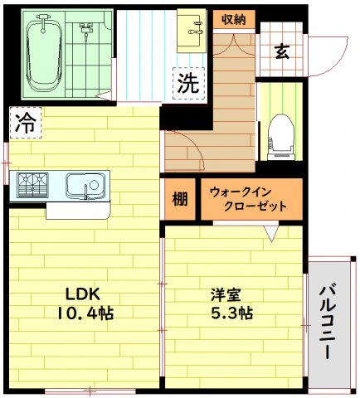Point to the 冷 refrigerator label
pyautogui.click(x=26, y=124)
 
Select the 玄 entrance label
pyautogui.click(x=281, y=51)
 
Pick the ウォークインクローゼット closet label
pyautogui.click(x=249, y=199)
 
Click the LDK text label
pyautogui.click(x=82, y=294)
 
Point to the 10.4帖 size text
pyautogui.click(x=85, y=313)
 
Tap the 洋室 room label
pyautogui.click(x=225, y=295)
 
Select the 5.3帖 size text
pyautogui.click(x=226, y=314)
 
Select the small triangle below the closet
pyautogui.click(x=270, y=235)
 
